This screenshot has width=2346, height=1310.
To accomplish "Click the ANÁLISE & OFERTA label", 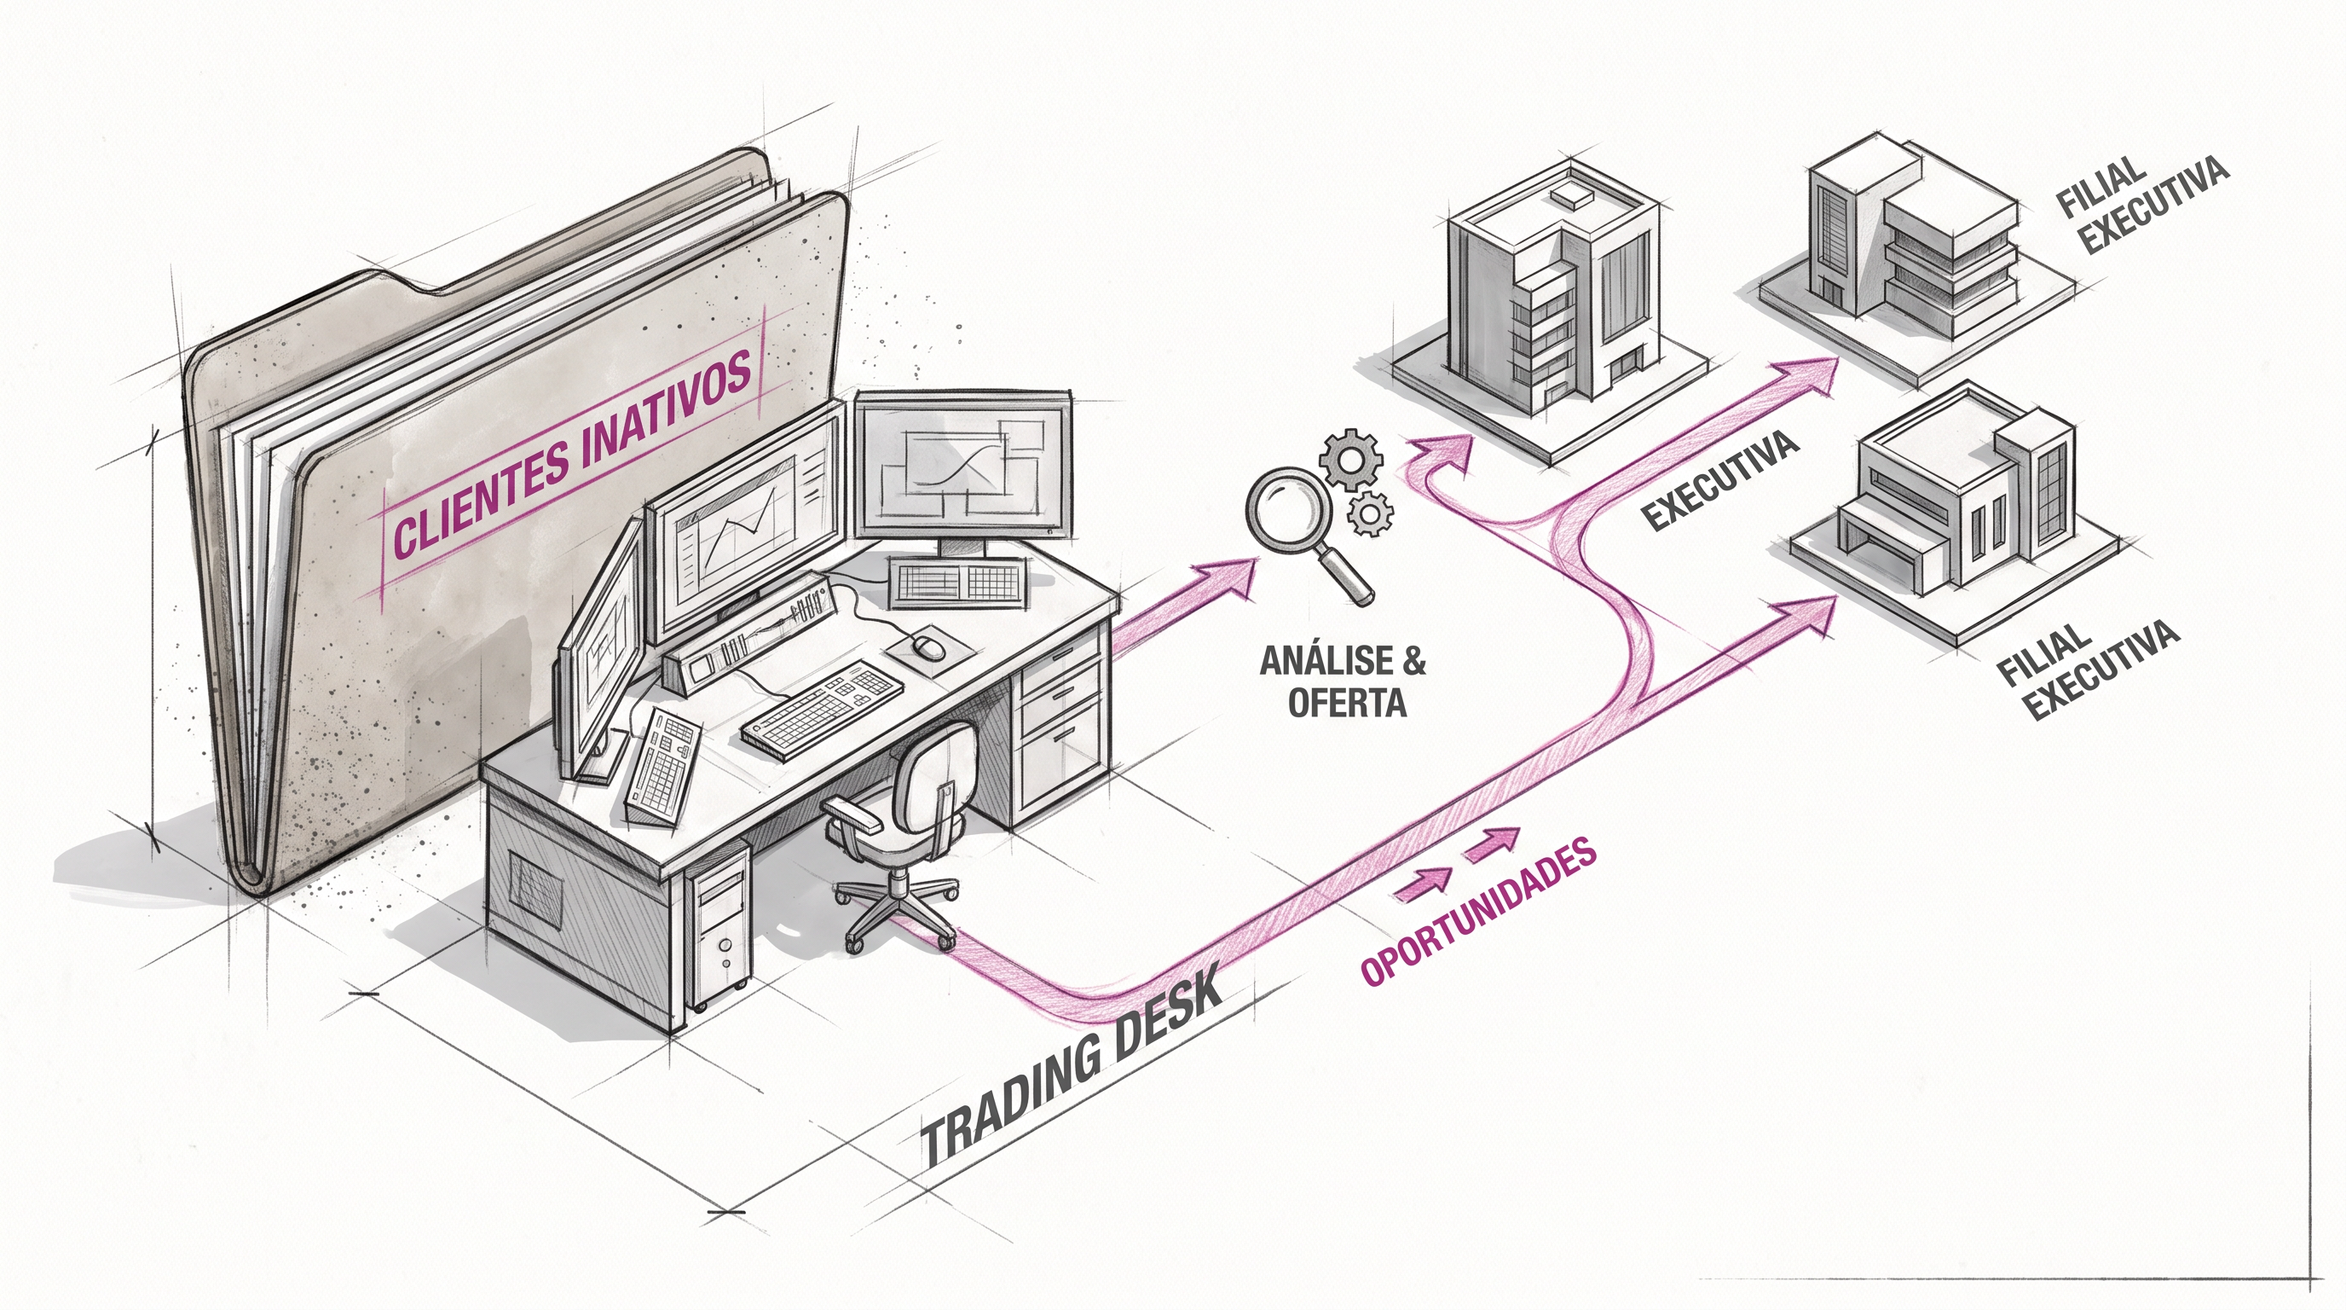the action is pyautogui.click(x=1343, y=680).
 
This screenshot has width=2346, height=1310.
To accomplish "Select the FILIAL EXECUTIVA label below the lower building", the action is pyautogui.click(x=2088, y=669).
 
